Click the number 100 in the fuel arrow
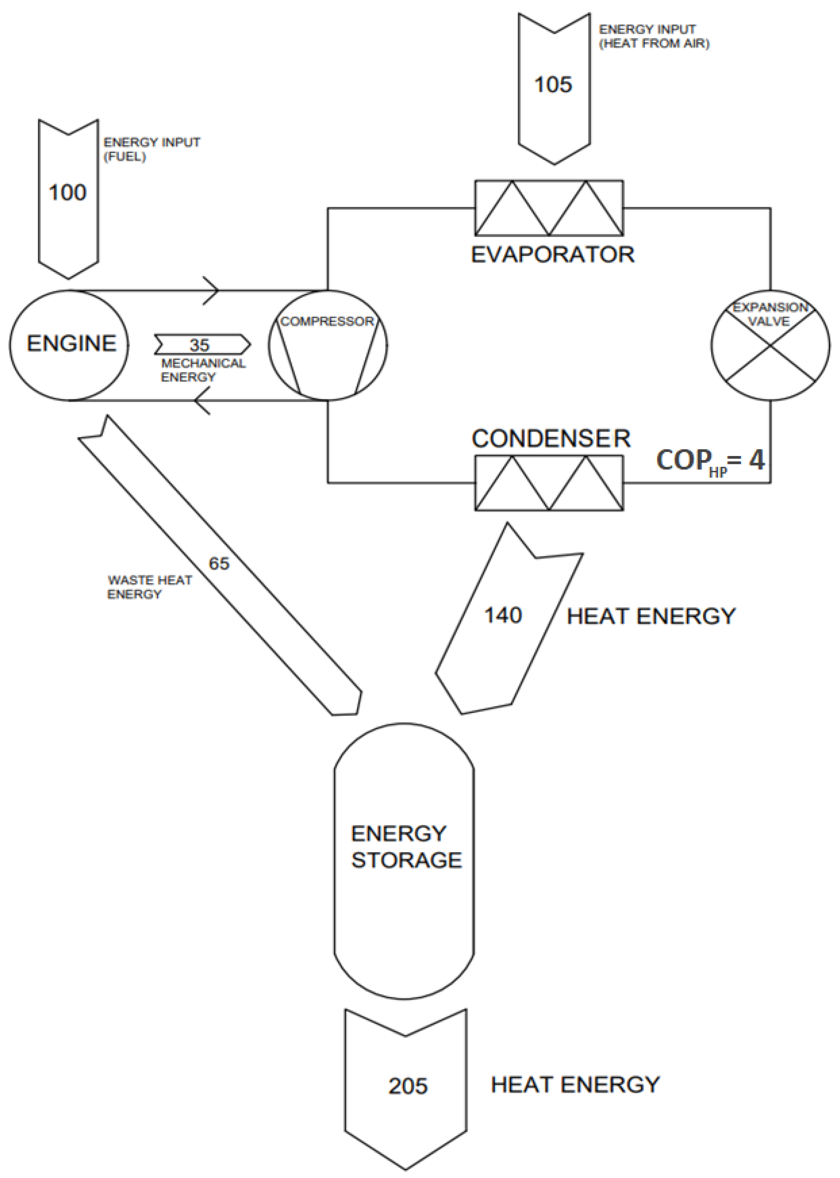(x=67, y=193)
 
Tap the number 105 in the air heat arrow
(x=553, y=84)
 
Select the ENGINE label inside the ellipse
(x=71, y=343)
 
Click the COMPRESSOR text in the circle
(x=327, y=321)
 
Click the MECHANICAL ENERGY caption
(x=203, y=370)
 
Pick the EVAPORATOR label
(x=553, y=254)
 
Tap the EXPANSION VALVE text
(x=769, y=314)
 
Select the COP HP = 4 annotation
(x=710, y=460)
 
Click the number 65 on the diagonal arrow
(x=219, y=563)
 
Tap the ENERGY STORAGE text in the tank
(x=406, y=847)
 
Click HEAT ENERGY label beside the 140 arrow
(x=651, y=616)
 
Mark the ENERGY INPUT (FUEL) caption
(x=151, y=149)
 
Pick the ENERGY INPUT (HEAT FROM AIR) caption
(x=654, y=36)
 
